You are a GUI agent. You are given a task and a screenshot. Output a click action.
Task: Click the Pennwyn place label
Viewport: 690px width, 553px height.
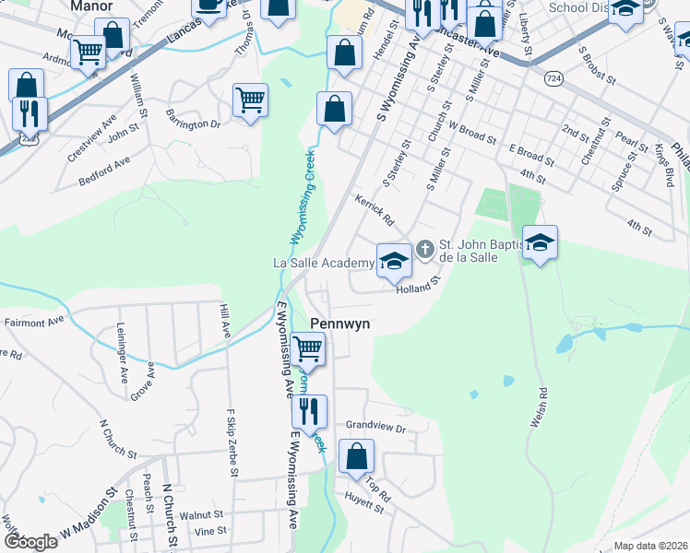click(x=340, y=324)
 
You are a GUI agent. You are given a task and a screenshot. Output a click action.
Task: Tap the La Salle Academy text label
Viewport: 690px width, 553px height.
click(x=323, y=263)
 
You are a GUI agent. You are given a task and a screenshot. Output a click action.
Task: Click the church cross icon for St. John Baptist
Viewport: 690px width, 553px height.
click(x=424, y=248)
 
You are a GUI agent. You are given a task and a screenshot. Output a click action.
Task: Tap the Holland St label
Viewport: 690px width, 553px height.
click(x=414, y=289)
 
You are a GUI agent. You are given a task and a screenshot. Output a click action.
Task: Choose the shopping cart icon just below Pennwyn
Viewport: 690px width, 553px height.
click(x=307, y=349)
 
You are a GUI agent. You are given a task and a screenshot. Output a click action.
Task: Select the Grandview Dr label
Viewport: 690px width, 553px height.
click(x=375, y=428)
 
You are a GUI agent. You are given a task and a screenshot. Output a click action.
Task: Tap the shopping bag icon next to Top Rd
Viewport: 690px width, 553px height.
click(x=356, y=455)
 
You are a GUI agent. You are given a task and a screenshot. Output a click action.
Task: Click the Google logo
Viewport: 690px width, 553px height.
click(x=30, y=542)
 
